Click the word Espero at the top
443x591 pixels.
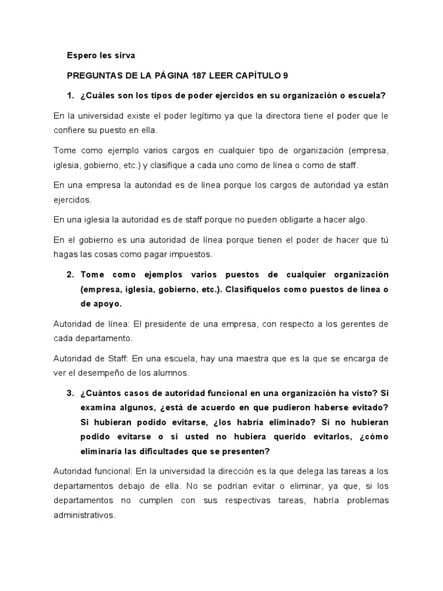pos(81,56)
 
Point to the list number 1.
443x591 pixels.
pos(71,95)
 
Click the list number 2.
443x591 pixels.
pos(70,274)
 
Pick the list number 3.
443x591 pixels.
pos(70,393)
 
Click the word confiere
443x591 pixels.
pos(69,130)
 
